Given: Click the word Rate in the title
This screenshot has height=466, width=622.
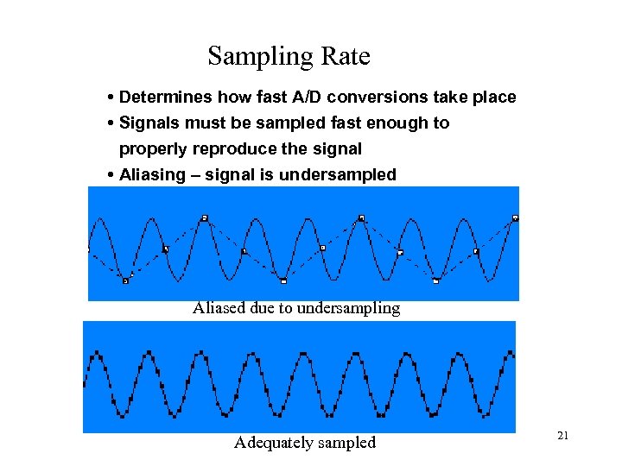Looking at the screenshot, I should [346, 57].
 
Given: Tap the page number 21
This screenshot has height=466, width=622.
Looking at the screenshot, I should [562, 436].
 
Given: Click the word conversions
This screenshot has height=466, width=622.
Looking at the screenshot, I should [372, 97].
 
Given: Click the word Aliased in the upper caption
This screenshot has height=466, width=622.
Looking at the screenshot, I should [219, 307].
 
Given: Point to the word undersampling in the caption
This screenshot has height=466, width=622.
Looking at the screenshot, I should [350, 307].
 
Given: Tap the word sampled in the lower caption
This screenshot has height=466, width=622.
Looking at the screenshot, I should [348, 442].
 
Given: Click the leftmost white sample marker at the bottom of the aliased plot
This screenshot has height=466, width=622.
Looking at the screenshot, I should [125, 280].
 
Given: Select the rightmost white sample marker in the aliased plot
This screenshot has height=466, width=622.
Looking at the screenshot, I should [515, 217].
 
